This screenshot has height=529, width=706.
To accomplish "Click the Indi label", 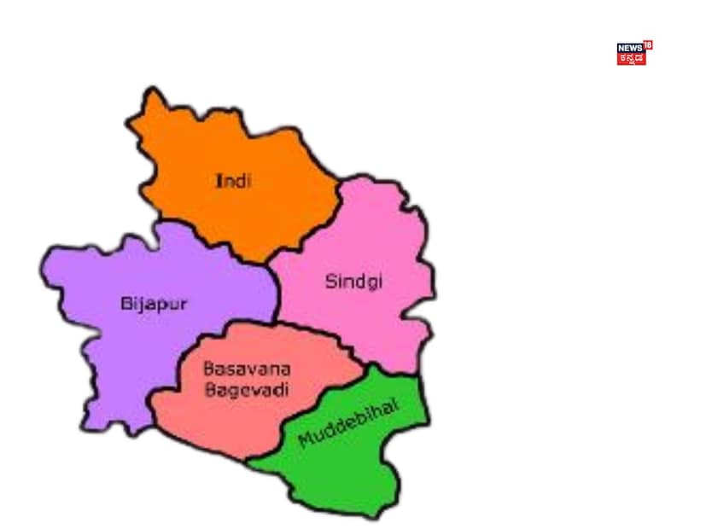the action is [x=233, y=181].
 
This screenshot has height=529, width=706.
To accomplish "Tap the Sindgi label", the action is [x=353, y=282].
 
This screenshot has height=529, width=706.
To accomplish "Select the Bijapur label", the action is [x=154, y=303].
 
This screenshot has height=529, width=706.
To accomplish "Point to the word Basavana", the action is [x=235, y=369].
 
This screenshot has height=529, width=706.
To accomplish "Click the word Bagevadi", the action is [x=235, y=390].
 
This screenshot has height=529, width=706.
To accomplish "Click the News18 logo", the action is [x=633, y=53].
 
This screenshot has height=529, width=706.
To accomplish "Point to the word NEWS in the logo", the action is [x=629, y=49].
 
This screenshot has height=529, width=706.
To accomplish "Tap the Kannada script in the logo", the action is [x=631, y=60].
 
